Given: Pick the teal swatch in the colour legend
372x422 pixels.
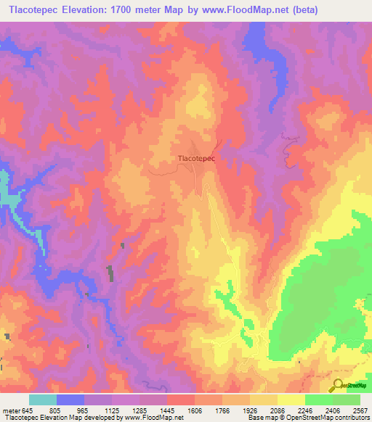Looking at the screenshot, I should point(42,400).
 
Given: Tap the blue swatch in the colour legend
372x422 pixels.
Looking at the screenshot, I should point(70,400).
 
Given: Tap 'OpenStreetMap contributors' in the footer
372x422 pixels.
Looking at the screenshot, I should point(330,418).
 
